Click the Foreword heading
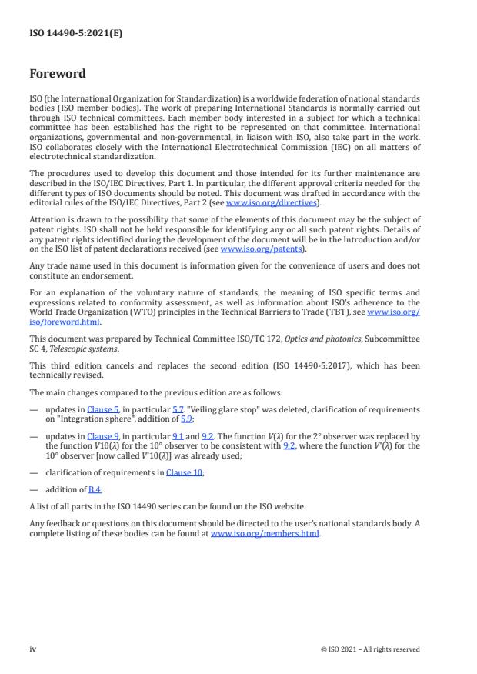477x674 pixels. click(58, 75)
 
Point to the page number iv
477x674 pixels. click(33, 649)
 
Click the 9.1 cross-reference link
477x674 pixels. click(177, 437)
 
